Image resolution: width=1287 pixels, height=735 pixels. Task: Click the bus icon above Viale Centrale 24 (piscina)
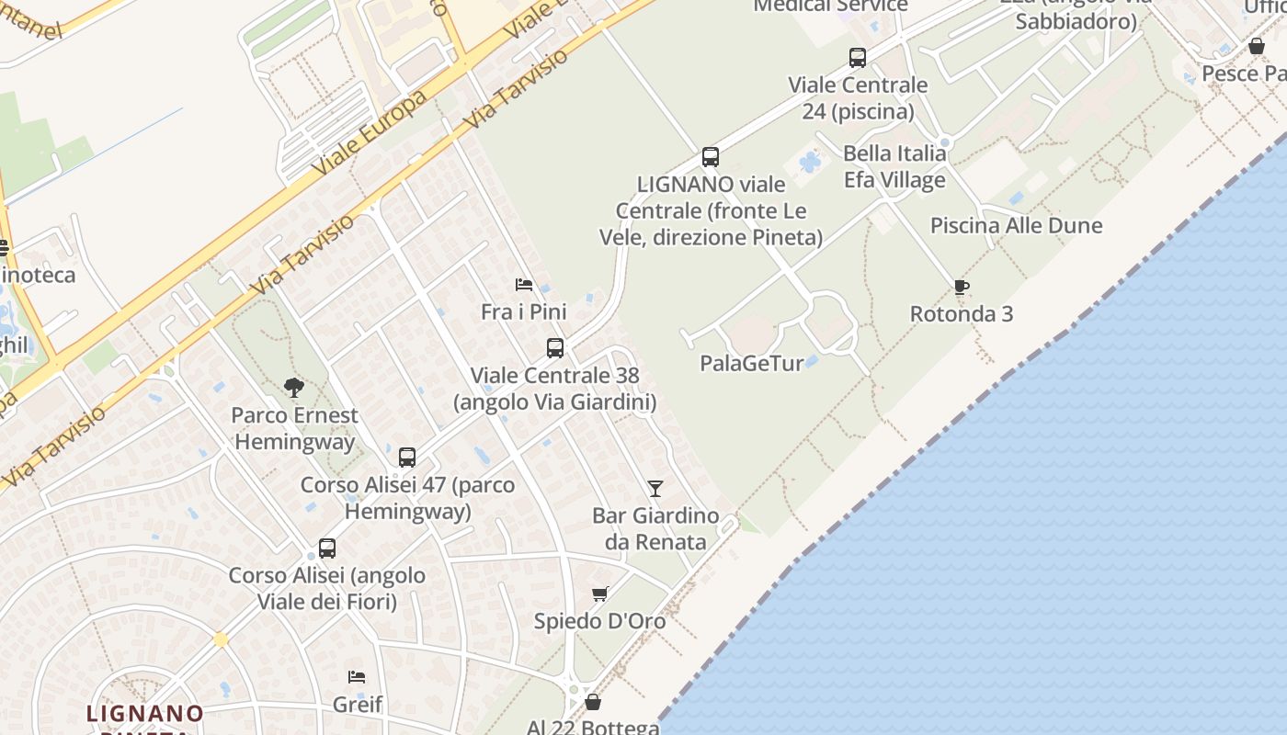(857, 58)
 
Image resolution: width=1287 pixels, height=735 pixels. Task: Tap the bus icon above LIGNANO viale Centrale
(710, 157)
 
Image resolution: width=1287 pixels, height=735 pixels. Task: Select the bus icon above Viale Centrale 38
(554, 348)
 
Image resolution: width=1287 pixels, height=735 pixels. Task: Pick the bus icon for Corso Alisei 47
(406, 457)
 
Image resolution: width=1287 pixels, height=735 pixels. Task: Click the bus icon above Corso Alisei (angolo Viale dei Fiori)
(326, 548)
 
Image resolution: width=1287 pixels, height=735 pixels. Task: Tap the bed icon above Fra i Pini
(524, 285)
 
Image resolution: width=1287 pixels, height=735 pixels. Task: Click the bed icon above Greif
(357, 677)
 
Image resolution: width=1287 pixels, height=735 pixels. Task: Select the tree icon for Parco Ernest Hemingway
(294, 388)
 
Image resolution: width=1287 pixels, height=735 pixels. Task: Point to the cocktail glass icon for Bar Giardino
(655, 488)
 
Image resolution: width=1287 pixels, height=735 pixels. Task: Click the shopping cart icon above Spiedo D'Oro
(600, 594)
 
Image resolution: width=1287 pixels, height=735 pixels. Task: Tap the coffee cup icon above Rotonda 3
(961, 288)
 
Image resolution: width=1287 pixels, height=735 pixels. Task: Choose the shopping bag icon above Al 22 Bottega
(593, 702)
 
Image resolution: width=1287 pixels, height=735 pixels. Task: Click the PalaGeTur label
(752, 363)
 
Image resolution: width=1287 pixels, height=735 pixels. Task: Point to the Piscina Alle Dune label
(1016, 225)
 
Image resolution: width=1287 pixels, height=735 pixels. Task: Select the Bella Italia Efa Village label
(894, 166)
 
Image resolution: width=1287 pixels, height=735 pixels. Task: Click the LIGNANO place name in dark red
(145, 713)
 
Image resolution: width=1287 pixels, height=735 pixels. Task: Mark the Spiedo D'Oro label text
(599, 621)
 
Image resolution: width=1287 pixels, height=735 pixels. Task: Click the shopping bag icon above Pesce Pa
(1257, 46)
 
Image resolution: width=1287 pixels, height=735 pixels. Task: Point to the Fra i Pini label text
(523, 311)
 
